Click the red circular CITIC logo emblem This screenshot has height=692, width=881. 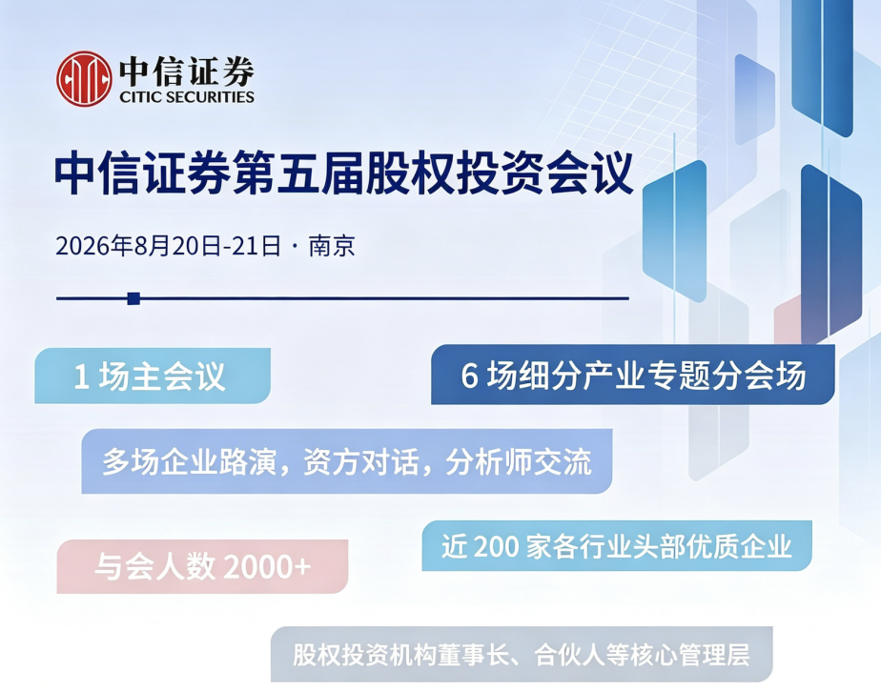pos(84,78)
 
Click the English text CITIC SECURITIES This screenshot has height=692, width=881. pos(187,97)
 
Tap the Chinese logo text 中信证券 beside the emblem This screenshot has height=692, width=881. pos(187,71)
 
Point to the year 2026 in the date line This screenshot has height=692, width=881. pos(83,246)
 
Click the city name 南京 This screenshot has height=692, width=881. pos(332,246)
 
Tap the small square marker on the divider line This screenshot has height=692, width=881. pos(133,298)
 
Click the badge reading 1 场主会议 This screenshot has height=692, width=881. pos(153,376)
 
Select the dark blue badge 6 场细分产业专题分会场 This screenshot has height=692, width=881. pos(633,375)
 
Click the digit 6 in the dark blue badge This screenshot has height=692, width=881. pos(469,376)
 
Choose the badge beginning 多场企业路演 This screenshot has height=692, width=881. pos(347,461)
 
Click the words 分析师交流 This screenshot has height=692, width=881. pos(519,462)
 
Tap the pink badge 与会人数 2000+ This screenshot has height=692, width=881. pos(202,566)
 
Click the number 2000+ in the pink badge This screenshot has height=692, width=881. pos(267,567)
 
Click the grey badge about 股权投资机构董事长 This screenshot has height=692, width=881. pos(522,654)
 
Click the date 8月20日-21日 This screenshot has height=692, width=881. pos(207,246)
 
